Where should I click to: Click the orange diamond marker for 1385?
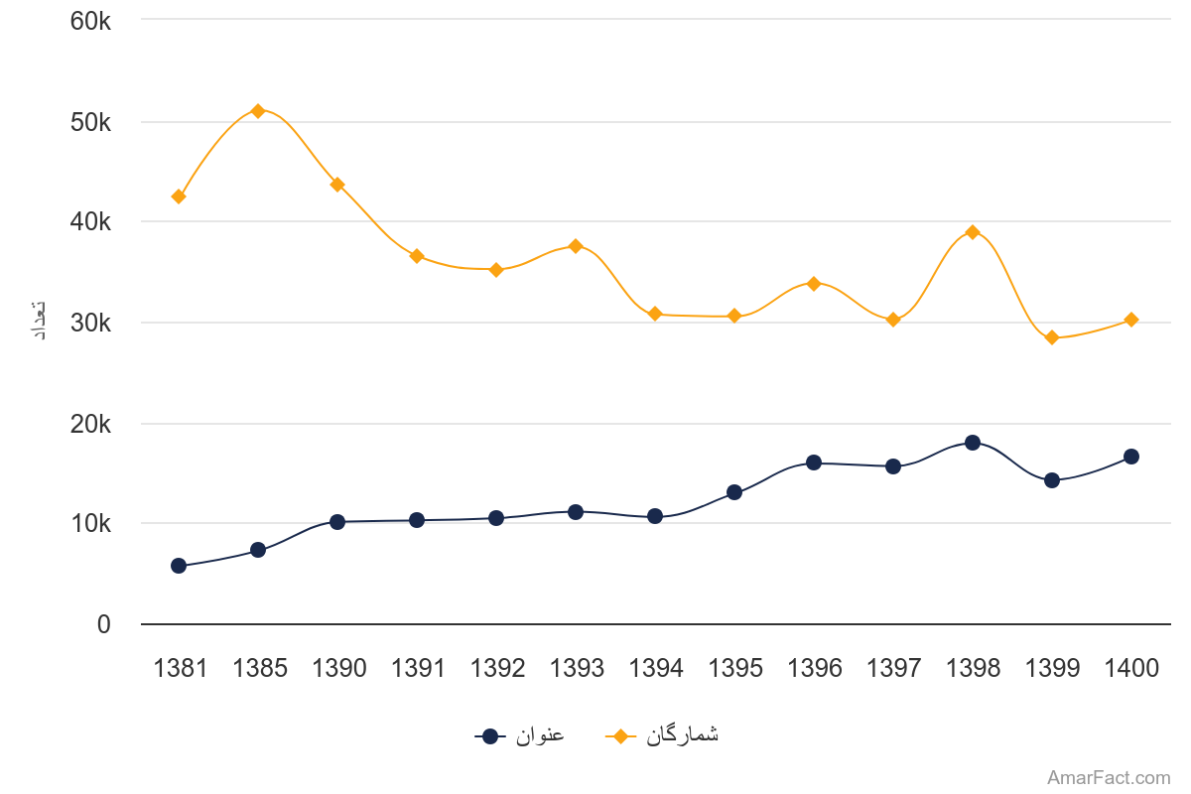pyautogui.click(x=258, y=110)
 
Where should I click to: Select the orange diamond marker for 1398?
pyautogui.click(x=973, y=232)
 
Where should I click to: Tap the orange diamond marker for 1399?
pyautogui.click(x=1052, y=337)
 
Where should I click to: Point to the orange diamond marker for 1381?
pyautogui.click(x=179, y=197)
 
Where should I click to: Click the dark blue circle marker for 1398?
pyautogui.click(x=973, y=443)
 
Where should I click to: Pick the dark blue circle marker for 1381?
pyautogui.click(x=179, y=566)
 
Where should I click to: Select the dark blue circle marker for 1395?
pyautogui.click(x=734, y=492)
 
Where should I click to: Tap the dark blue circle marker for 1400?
pyautogui.click(x=1131, y=457)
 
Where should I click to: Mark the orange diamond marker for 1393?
pyautogui.click(x=576, y=245)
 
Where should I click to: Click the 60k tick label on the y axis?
pyautogui.click(x=90, y=20)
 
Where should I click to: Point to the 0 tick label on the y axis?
pyautogui.click(x=104, y=624)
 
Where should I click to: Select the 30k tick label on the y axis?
pyautogui.click(x=90, y=323)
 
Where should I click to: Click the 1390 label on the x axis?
pyautogui.click(x=338, y=669)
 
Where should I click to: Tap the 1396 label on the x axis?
pyautogui.click(x=815, y=669)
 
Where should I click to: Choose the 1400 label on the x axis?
pyautogui.click(x=1131, y=669)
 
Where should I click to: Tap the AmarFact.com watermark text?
pyautogui.click(x=1109, y=778)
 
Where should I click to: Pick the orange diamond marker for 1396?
pyautogui.click(x=814, y=284)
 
